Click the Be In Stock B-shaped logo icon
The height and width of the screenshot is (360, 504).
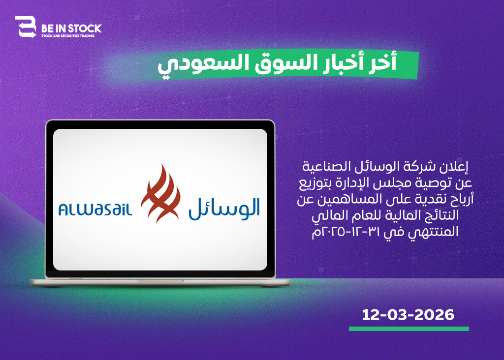pos(26,27)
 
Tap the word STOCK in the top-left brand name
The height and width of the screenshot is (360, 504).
pos(85,29)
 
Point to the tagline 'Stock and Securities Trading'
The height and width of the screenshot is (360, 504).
pos(68,36)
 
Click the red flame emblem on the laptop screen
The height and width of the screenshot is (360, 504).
pos(160,194)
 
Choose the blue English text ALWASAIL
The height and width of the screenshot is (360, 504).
pos(95,209)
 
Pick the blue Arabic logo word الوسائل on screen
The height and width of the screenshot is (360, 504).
pos(224,209)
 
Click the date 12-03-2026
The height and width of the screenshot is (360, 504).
pos(408,315)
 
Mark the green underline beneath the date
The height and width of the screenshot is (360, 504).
pos(409,329)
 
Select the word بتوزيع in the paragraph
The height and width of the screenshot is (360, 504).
pos(315,183)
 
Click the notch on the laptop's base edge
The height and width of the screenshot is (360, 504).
pos(160,281)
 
